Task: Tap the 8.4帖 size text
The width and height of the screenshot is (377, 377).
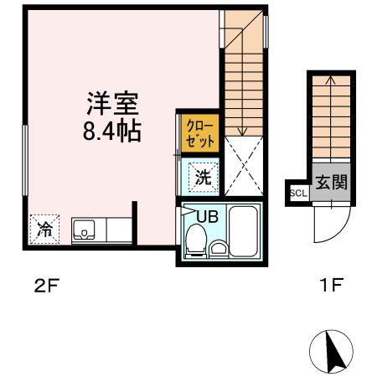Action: point(111,132)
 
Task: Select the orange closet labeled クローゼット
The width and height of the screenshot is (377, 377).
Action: point(200,132)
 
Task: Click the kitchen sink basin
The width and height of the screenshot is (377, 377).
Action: point(86,229)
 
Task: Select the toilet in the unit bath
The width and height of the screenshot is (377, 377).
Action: point(194,241)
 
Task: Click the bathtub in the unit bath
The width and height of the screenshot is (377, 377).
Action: point(245,232)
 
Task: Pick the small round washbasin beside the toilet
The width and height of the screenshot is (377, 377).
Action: point(219,248)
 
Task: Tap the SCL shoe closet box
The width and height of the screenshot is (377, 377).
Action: point(297,192)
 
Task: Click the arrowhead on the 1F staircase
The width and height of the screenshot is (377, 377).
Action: point(330,81)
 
